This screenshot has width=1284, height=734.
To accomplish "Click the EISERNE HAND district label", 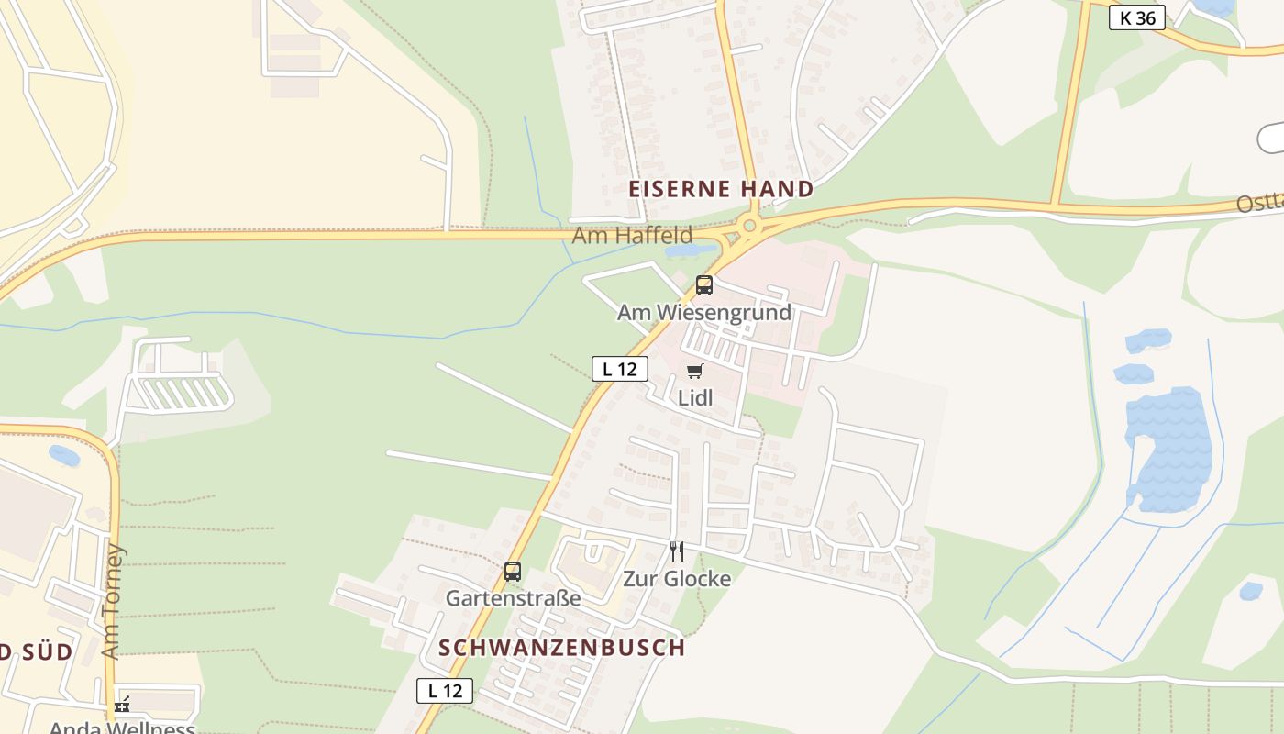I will click(721, 189).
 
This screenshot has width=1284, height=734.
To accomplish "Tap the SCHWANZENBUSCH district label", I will click(561, 647).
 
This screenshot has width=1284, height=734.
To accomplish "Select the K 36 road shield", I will click(1136, 17).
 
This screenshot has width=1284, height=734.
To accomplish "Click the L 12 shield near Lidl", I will click(620, 369).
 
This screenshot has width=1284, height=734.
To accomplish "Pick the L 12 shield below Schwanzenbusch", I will click(445, 691).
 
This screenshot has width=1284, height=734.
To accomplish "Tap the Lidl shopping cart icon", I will click(695, 372).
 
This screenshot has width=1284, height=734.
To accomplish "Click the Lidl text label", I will click(695, 397).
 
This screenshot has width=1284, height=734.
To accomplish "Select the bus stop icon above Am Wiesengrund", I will click(703, 285).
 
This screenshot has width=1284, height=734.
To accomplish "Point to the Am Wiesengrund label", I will click(703, 312).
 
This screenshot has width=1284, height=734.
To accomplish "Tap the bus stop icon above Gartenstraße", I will click(513, 572).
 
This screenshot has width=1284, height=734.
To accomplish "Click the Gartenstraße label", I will click(513, 598).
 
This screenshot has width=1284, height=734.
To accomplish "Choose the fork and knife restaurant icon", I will click(677, 551).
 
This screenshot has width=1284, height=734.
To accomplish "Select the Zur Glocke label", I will click(677, 579).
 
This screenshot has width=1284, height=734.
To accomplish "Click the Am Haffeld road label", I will click(632, 236).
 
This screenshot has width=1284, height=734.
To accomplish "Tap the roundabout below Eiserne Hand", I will click(749, 225).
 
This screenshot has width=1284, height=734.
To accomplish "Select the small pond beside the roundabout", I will click(690, 250).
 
